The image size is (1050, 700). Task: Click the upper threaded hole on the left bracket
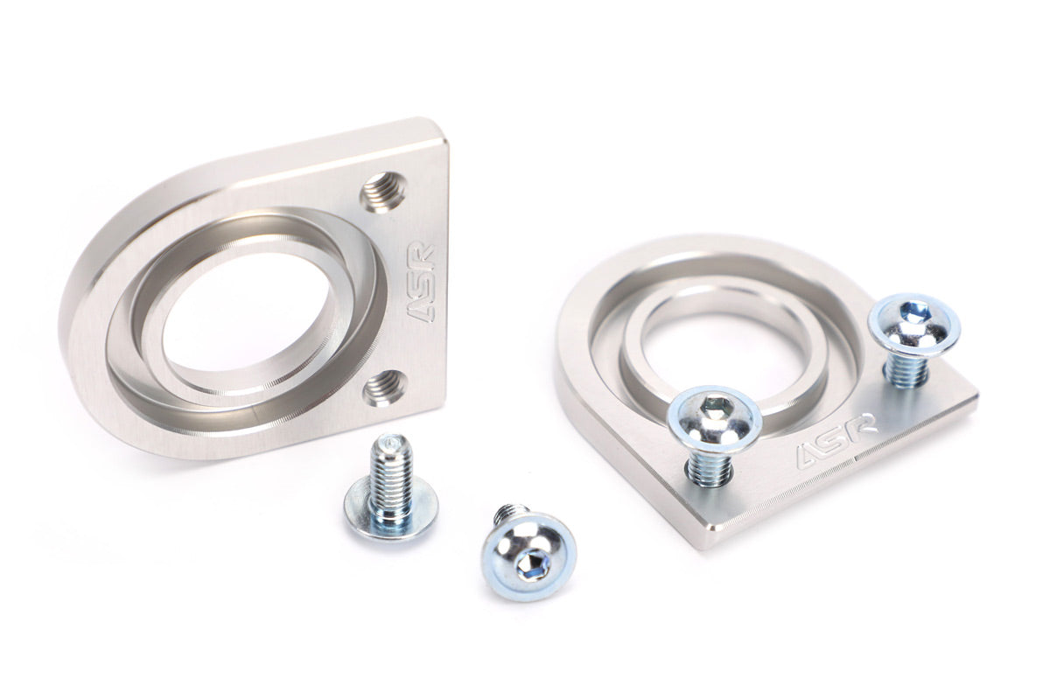383,192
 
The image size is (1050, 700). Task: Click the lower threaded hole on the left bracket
385,387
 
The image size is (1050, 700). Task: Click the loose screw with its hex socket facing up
528,554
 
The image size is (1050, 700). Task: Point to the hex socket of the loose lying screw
532,569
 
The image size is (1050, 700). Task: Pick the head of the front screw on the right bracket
714,418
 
